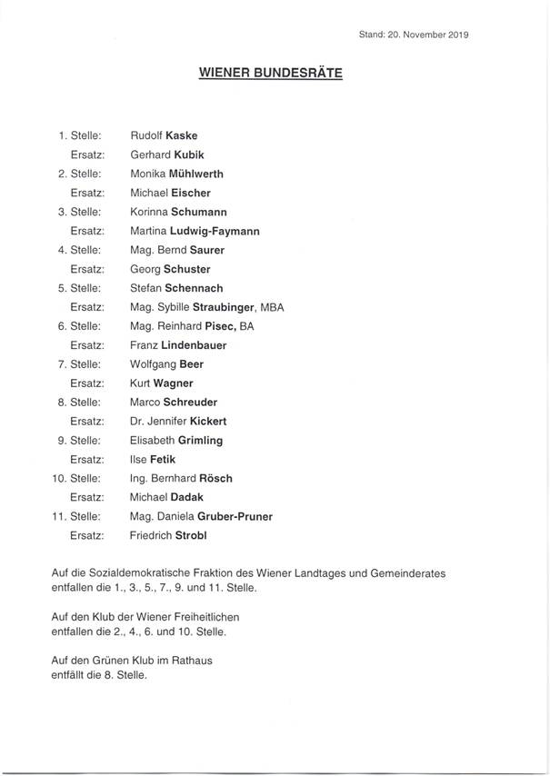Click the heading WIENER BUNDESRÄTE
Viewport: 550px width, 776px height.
click(x=271, y=75)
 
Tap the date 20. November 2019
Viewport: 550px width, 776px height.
click(x=429, y=35)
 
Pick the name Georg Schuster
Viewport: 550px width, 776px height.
click(x=170, y=269)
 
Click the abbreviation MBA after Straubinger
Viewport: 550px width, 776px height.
click(x=272, y=307)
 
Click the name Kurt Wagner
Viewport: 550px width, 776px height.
click(x=161, y=383)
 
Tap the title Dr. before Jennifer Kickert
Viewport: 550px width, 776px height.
click(x=137, y=422)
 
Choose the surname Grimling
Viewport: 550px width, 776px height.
click(x=201, y=441)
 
